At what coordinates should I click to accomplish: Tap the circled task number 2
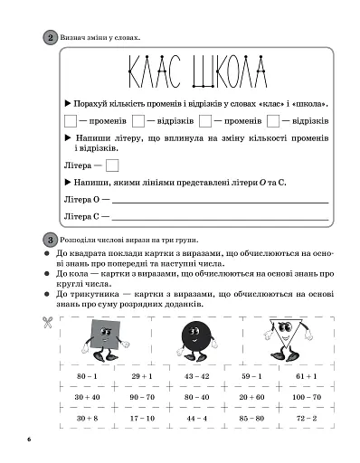tap(48, 37)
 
